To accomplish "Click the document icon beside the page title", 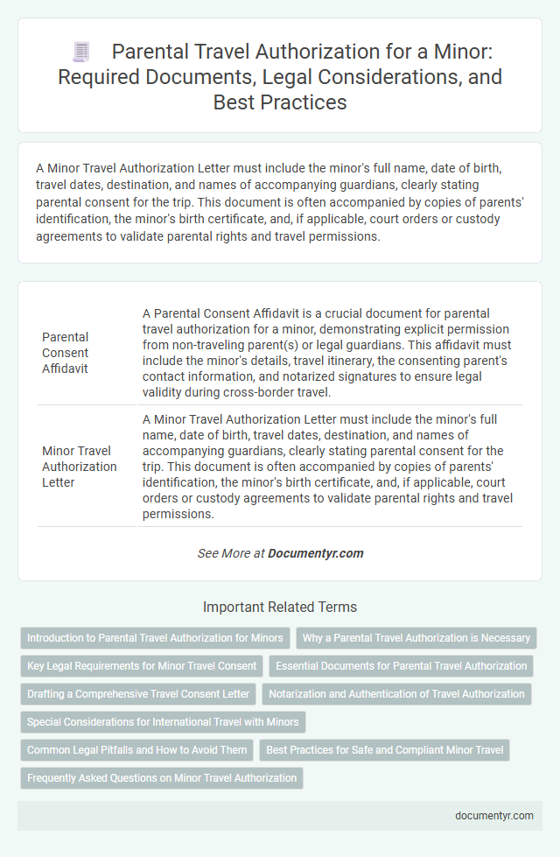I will [x=81, y=53].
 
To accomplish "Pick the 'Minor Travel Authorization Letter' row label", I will [x=79, y=465].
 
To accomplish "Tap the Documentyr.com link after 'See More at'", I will [x=316, y=553].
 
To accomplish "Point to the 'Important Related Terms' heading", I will [x=280, y=606].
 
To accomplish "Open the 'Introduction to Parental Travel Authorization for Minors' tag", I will [x=155, y=638].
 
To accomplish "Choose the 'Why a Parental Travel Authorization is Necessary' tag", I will [x=416, y=638].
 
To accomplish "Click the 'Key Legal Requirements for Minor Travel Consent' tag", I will [x=142, y=666].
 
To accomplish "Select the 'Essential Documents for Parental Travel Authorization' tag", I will [x=401, y=666].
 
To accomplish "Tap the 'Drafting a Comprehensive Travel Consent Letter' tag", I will [x=138, y=694].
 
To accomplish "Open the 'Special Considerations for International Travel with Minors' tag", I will [x=163, y=722].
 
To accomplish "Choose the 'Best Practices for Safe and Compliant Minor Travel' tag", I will [x=384, y=750].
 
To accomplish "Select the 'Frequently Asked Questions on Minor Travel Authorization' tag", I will [x=162, y=778].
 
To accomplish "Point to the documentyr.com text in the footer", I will [x=496, y=815].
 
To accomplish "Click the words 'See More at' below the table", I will [x=231, y=553].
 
